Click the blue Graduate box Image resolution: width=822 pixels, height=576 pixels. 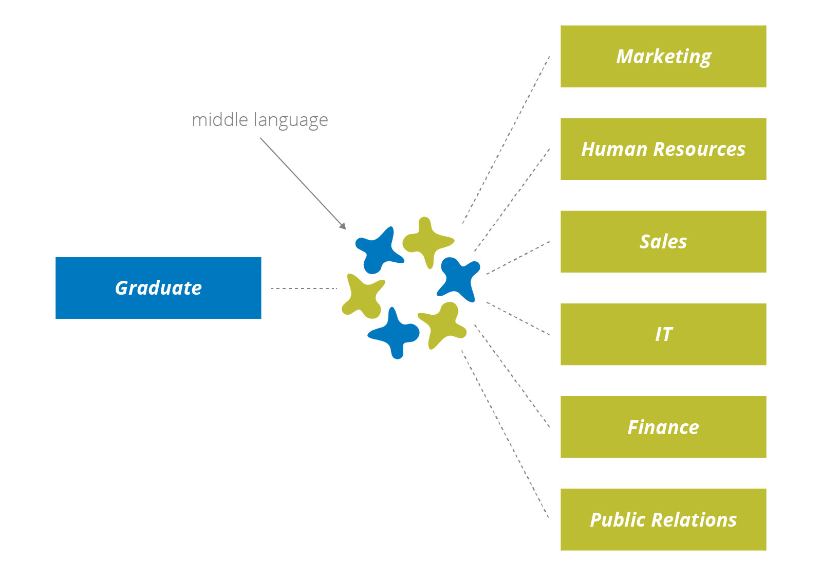[x=158, y=288]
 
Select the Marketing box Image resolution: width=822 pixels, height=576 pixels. [x=663, y=57]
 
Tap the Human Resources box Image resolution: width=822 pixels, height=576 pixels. [x=663, y=149]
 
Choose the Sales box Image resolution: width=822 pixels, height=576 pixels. [x=663, y=242]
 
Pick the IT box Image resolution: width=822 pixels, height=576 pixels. [x=663, y=334]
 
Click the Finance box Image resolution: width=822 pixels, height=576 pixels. [x=663, y=427]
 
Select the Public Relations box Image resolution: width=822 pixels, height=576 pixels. [x=663, y=519]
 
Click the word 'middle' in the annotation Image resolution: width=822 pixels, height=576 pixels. [x=220, y=120]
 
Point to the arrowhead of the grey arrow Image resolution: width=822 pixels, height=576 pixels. [x=343, y=226]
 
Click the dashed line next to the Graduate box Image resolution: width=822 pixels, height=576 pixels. [x=304, y=289]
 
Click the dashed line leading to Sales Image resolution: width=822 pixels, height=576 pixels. [x=518, y=258]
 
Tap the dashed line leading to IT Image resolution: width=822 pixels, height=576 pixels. [x=518, y=319]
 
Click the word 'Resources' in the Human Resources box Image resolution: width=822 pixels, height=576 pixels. [x=699, y=149]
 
